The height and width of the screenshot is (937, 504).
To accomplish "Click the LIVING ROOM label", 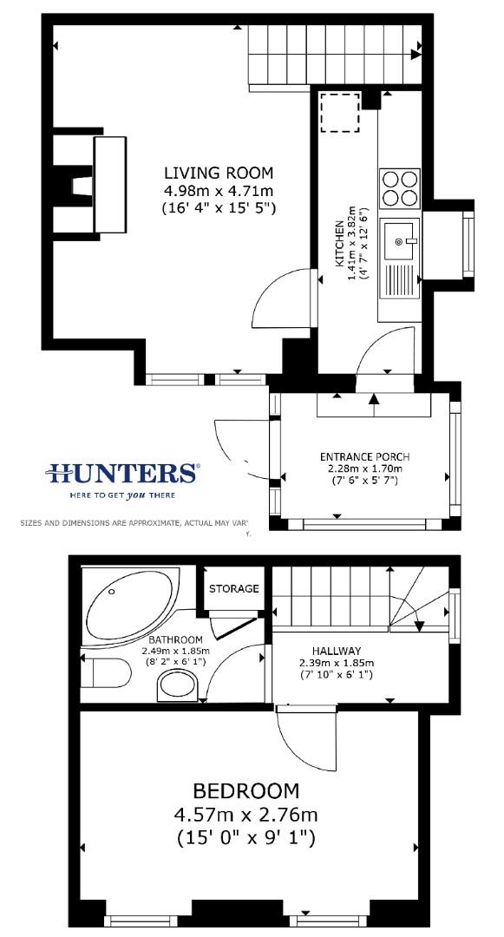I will (219, 172).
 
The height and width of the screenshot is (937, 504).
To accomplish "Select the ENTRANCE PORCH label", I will (364, 457).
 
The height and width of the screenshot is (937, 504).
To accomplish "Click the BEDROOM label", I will (245, 791).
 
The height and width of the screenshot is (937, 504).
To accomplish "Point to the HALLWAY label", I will (337, 651).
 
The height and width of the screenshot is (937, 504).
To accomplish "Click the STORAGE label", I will (234, 588).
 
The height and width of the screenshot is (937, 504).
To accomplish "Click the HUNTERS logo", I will (122, 473).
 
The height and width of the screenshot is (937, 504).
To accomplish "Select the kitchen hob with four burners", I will (399, 187).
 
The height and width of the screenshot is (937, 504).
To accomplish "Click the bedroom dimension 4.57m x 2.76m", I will (245, 816).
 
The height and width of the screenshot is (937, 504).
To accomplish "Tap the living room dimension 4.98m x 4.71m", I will (219, 190).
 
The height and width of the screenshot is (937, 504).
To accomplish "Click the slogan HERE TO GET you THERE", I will (122, 495).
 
